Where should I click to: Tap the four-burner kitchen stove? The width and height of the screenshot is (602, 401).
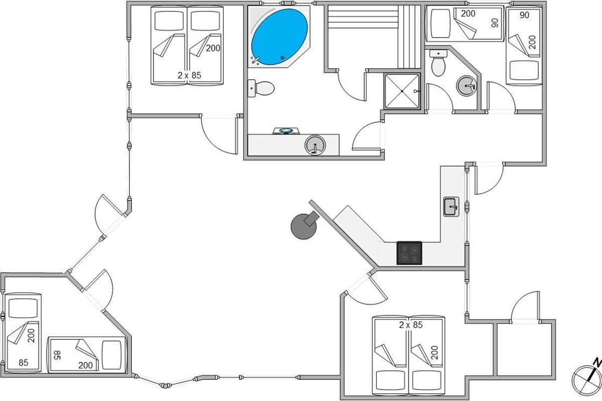point(409,253)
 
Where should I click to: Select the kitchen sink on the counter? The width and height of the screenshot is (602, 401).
point(451,206)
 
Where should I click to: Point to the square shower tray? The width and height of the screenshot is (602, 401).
point(401,90)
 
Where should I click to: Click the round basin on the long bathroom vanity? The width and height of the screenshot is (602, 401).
point(315,146)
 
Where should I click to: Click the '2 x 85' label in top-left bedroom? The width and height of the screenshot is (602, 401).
point(189,75)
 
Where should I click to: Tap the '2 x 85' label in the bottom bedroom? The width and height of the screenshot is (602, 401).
point(411,325)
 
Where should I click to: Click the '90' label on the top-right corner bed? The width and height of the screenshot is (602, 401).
point(525,15)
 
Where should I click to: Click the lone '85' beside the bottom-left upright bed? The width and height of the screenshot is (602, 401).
point(24,362)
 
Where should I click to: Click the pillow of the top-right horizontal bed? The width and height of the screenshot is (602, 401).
point(439,25)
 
